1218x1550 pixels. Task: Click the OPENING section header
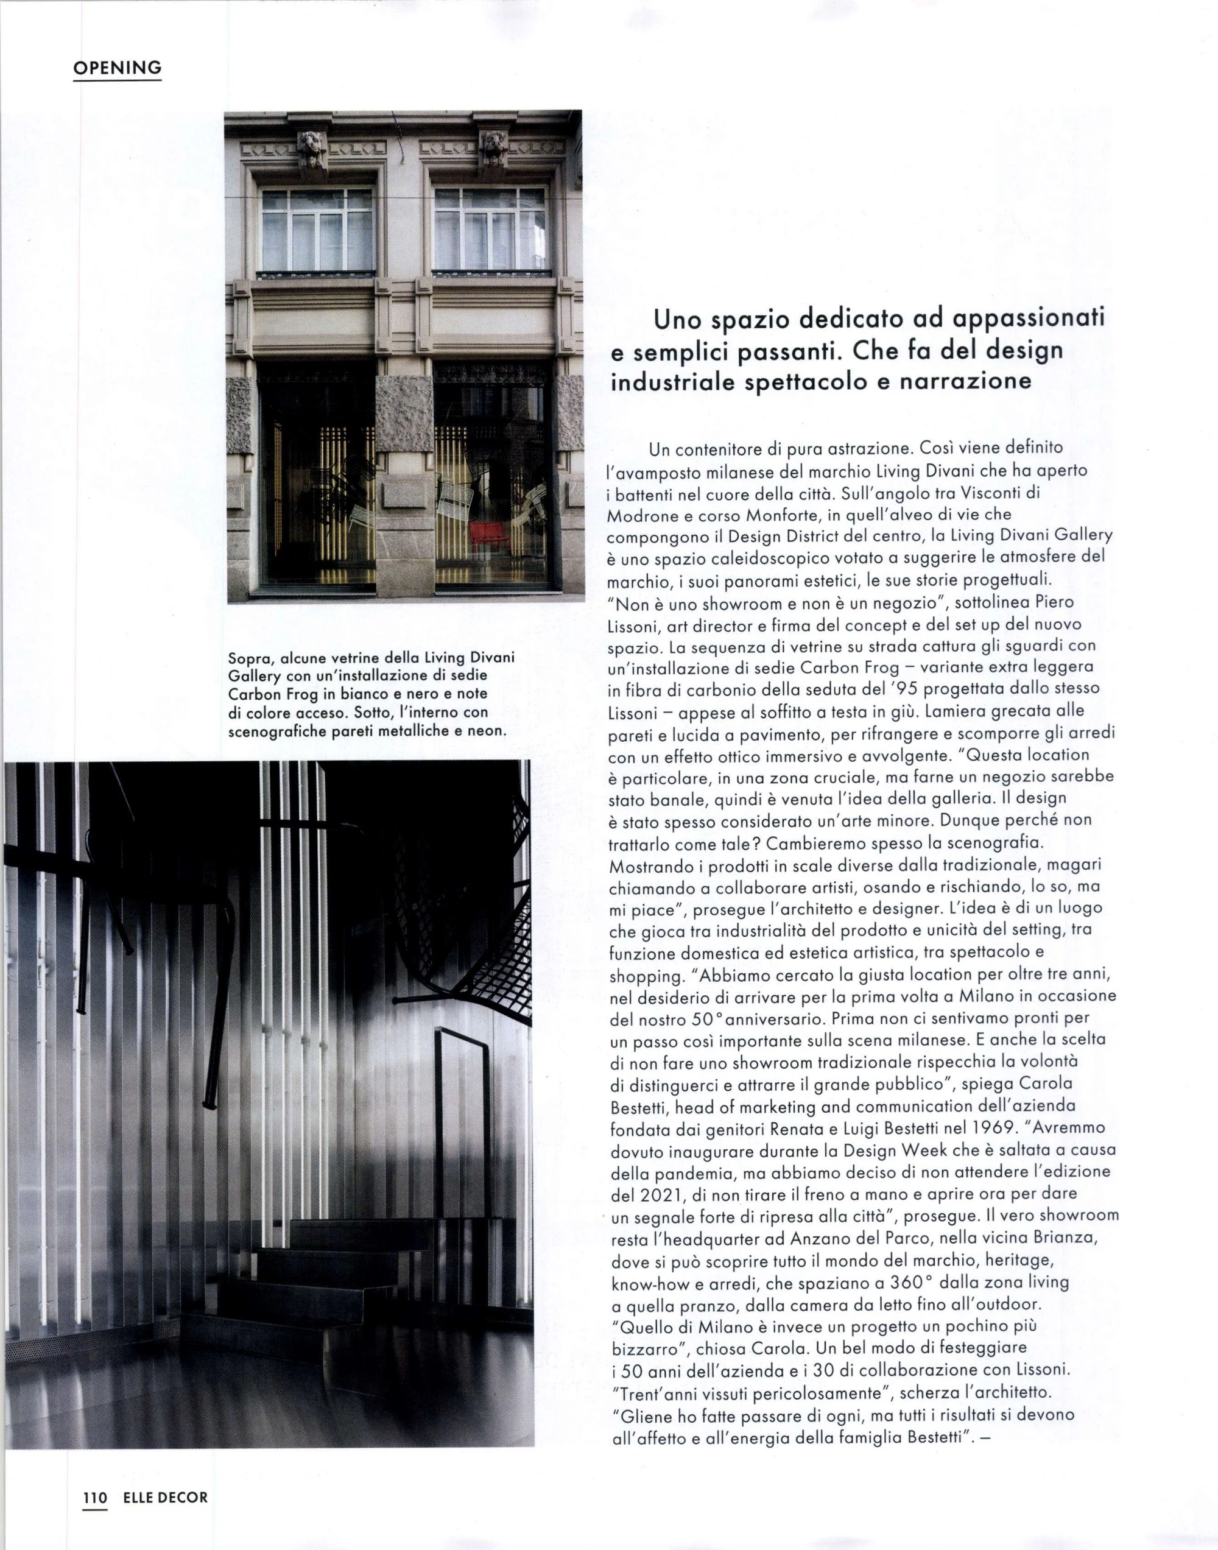(x=118, y=68)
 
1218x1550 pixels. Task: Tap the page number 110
(x=94, y=1497)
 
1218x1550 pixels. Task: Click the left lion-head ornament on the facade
(x=312, y=147)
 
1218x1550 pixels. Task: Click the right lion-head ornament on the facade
(x=494, y=147)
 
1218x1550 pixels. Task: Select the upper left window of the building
(x=317, y=230)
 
